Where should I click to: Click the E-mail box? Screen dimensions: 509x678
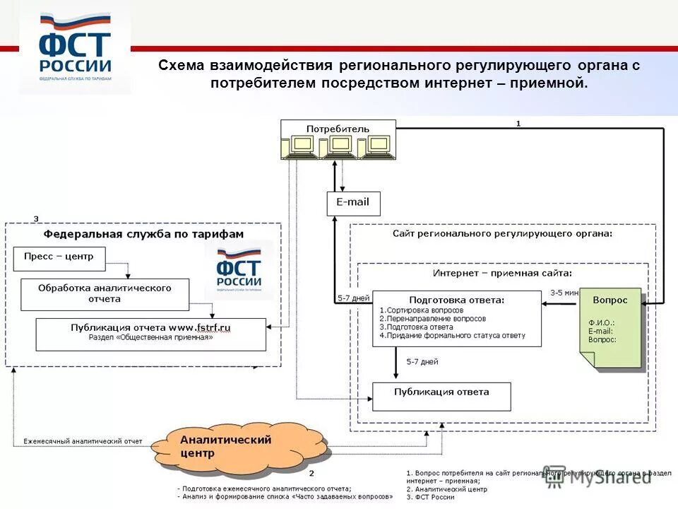click(x=353, y=203)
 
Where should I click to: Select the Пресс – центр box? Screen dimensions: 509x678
click(x=59, y=258)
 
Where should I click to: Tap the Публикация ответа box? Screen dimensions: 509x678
click(x=441, y=396)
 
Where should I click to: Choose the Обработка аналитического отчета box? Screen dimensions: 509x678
click(x=105, y=294)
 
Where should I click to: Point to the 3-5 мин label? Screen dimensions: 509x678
click(x=564, y=292)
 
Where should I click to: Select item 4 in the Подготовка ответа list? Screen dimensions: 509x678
click(x=452, y=336)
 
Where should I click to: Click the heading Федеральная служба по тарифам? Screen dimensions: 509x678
click(x=143, y=234)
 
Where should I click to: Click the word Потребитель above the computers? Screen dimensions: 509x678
click(x=338, y=129)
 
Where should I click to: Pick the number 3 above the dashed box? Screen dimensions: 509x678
click(x=37, y=218)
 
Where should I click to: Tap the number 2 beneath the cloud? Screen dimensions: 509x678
click(x=311, y=472)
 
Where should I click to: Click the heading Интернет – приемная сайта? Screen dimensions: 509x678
click(x=502, y=272)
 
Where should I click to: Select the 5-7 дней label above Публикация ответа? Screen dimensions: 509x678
click(x=422, y=362)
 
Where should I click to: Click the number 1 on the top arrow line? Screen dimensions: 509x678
click(x=518, y=123)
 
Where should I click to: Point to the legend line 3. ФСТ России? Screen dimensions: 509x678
click(x=431, y=498)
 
